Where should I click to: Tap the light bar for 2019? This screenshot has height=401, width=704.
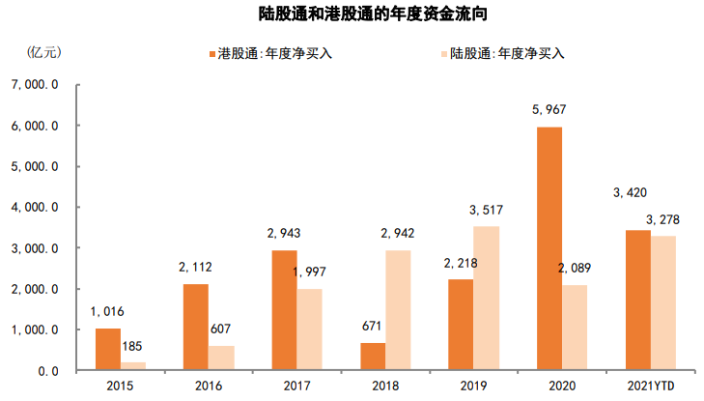[x=486, y=298]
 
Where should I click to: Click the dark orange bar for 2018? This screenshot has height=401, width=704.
[x=373, y=356]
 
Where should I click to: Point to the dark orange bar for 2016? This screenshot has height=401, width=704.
[x=195, y=327]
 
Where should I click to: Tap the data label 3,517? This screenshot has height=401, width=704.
[x=486, y=210]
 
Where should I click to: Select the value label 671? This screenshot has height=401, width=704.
[x=373, y=327]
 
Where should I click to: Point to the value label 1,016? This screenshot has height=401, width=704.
[x=108, y=312]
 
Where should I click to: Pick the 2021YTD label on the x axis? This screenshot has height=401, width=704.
[x=644, y=386]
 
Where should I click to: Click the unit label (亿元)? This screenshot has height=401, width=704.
[x=44, y=52]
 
